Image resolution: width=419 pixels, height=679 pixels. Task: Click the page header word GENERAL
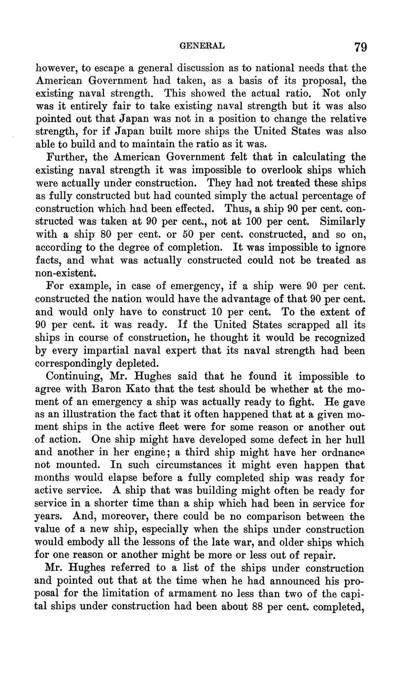(x=202, y=46)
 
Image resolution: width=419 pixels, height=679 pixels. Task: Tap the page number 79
(x=360, y=47)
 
